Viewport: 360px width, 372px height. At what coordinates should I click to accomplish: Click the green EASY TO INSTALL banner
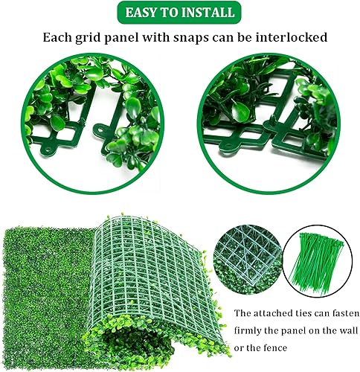180,13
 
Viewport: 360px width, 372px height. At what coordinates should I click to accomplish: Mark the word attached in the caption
268,313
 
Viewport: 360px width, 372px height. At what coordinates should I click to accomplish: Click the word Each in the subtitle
55,36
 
